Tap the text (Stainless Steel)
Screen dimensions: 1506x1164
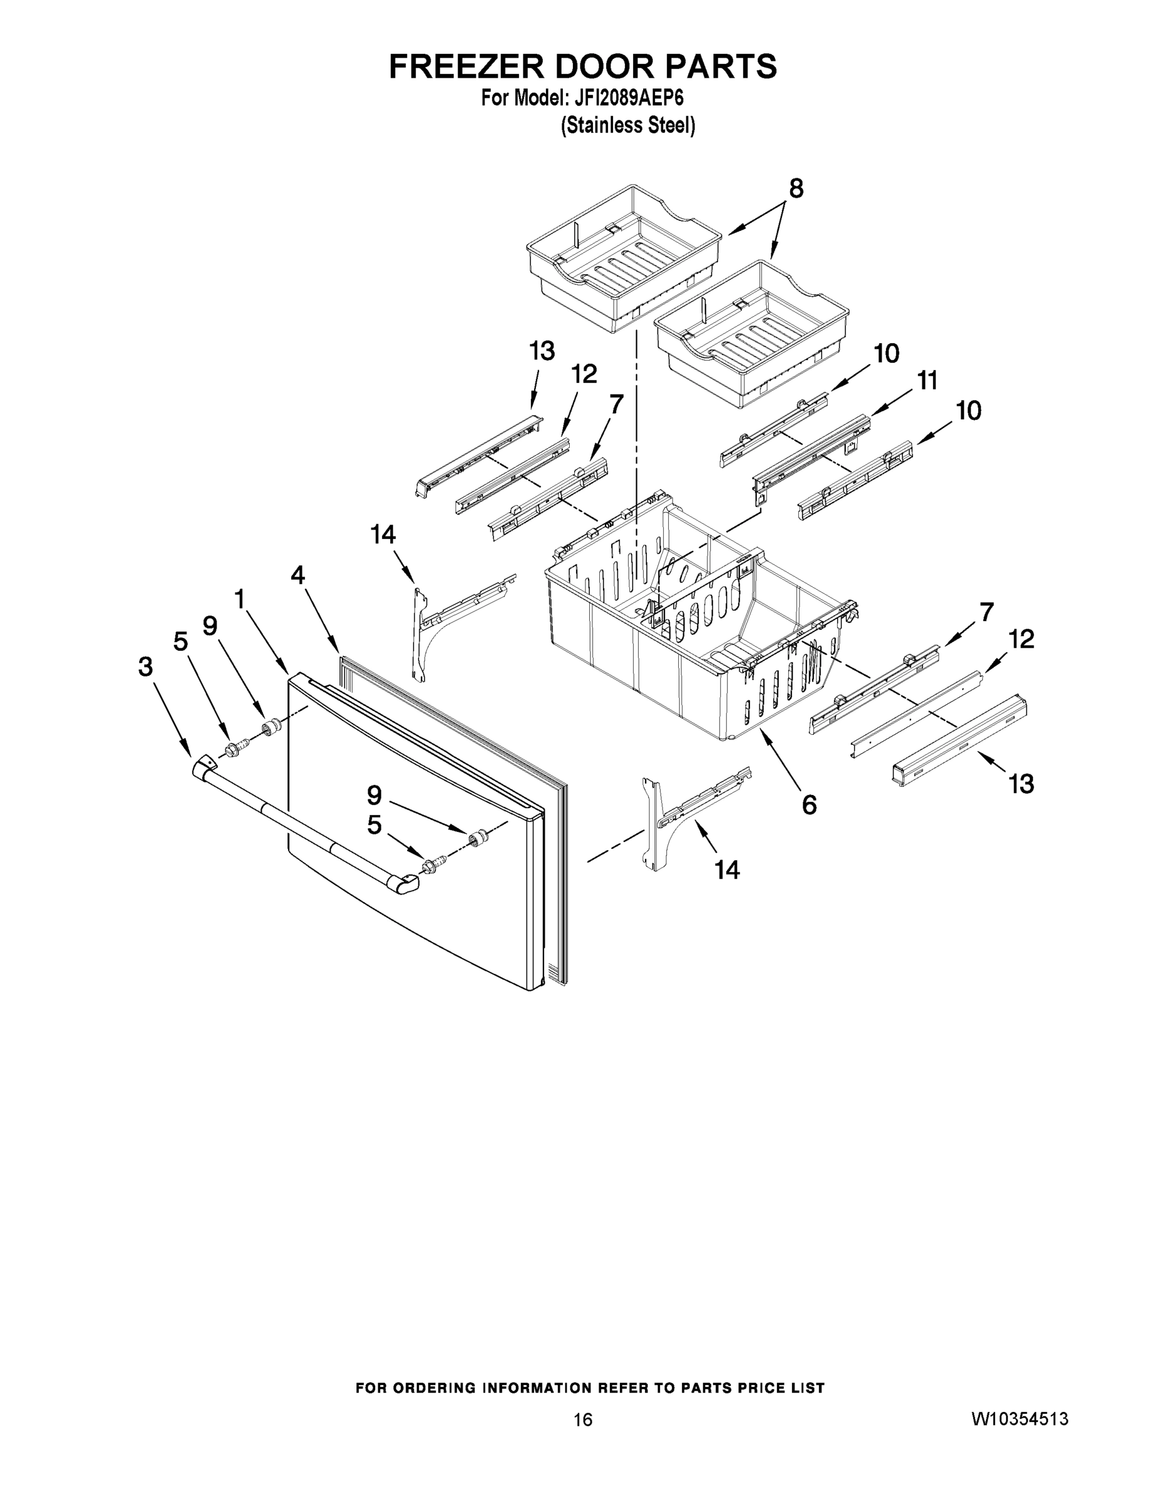(x=627, y=125)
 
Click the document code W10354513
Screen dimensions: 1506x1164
(x=1020, y=1418)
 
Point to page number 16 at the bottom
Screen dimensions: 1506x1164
(x=583, y=1419)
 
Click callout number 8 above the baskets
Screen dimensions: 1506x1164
(x=796, y=188)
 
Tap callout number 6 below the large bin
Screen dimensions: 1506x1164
(x=809, y=804)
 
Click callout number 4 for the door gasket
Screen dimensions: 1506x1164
(x=297, y=575)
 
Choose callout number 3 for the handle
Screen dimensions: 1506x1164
(x=146, y=667)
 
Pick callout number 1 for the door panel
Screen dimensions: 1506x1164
(x=239, y=599)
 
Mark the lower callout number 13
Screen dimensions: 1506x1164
(x=1022, y=783)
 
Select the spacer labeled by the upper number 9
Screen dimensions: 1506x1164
(x=272, y=726)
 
